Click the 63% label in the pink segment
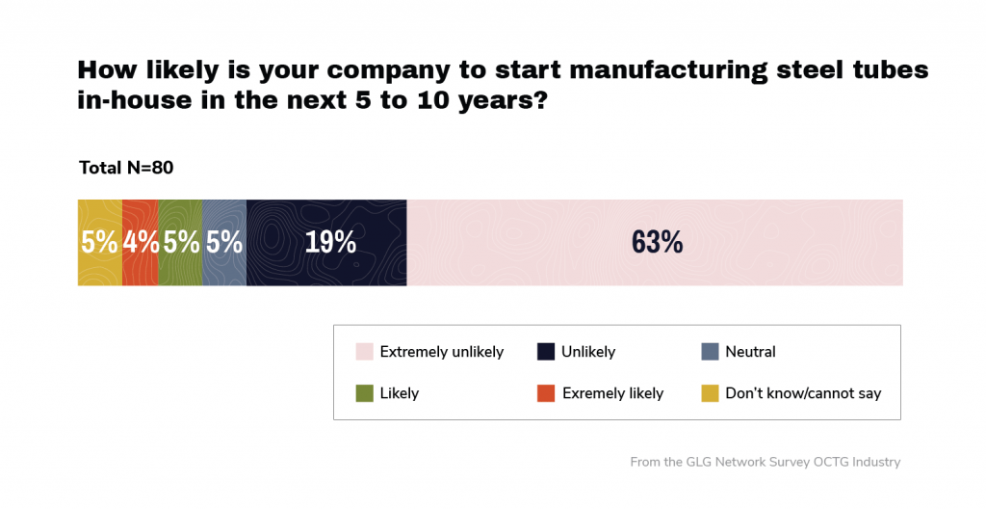[657, 242]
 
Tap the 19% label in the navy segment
[330, 242]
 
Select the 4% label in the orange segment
[141, 242]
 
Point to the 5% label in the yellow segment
[99, 242]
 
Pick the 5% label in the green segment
[181, 242]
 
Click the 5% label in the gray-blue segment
[224, 242]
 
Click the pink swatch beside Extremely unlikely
[364, 352]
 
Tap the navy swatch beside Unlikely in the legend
[545, 352]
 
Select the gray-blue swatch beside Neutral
[710, 352]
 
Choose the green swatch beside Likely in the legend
[364, 393]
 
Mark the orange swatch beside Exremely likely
[545, 393]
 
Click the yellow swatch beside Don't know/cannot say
[710, 393]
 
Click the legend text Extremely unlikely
[442, 352]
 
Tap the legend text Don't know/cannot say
[803, 393]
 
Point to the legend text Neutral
[750, 352]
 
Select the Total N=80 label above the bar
[126, 169]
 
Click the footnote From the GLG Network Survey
[765, 462]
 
